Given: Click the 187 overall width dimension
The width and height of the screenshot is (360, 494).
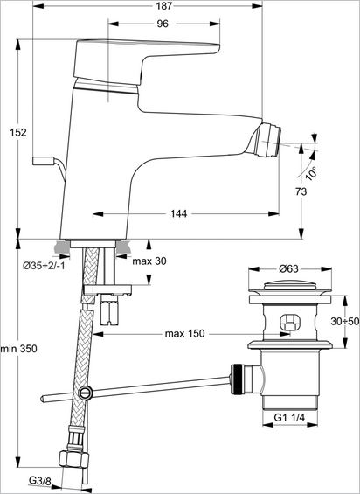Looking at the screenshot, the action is [164, 6].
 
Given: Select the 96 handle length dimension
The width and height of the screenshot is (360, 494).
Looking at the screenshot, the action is [163, 24].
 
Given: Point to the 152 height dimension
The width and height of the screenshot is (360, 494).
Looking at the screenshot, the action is [18, 132].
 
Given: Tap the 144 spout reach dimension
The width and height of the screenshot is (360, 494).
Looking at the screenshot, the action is [178, 213].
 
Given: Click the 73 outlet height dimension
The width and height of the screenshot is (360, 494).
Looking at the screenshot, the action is [301, 191].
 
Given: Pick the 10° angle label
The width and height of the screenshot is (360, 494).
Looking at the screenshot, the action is [312, 174].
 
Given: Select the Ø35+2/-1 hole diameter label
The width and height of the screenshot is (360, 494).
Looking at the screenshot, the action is [44, 266].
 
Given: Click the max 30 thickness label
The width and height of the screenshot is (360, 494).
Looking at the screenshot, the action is [149, 261].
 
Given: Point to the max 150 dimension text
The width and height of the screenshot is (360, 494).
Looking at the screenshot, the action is [184, 334].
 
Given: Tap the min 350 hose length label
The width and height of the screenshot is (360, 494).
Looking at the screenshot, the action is [19, 349].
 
